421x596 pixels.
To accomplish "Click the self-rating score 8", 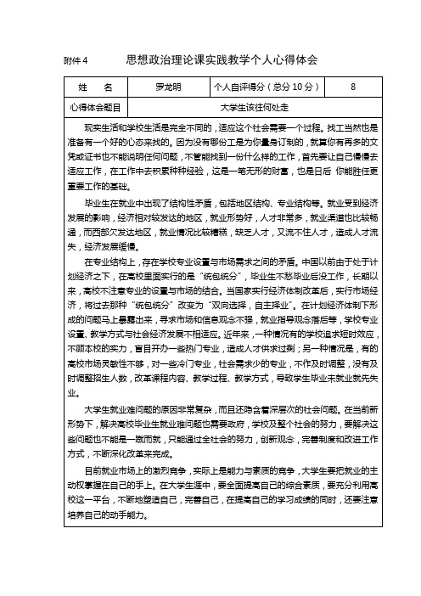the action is click(x=352, y=87).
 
